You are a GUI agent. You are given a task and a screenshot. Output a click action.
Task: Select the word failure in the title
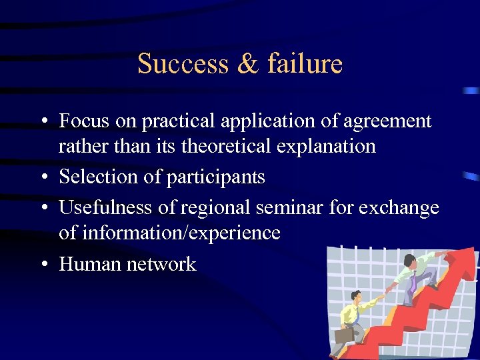click(x=305, y=64)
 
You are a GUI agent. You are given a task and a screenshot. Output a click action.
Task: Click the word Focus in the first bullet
click(x=83, y=121)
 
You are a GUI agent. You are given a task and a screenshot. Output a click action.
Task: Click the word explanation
click(x=330, y=146)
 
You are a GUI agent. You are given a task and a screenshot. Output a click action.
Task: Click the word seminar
click(x=289, y=207)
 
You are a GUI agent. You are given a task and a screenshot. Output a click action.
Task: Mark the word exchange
click(x=399, y=208)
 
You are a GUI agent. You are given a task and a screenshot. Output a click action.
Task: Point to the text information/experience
click(x=169, y=233)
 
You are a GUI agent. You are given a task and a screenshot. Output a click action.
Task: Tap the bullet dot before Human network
click(x=43, y=265)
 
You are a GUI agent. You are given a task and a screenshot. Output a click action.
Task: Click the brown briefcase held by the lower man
click(x=343, y=335)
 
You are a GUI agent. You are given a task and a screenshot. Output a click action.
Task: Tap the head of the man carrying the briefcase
click(x=357, y=295)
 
